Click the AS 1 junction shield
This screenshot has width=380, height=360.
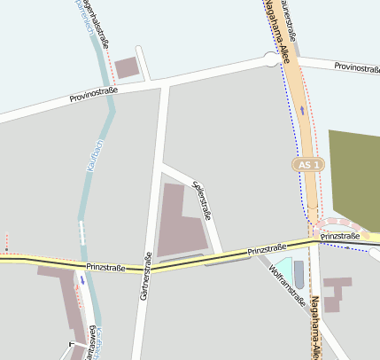pos(307,165)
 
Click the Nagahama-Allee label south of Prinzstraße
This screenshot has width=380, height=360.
pos(315,328)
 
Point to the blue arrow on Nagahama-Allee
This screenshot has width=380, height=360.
pos(303,110)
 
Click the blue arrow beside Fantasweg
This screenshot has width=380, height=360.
pos(83,280)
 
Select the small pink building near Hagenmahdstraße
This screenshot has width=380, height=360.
pos(128,68)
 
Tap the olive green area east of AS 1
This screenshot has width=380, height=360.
pos(354,168)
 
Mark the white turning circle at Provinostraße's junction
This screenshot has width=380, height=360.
pos(271,59)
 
